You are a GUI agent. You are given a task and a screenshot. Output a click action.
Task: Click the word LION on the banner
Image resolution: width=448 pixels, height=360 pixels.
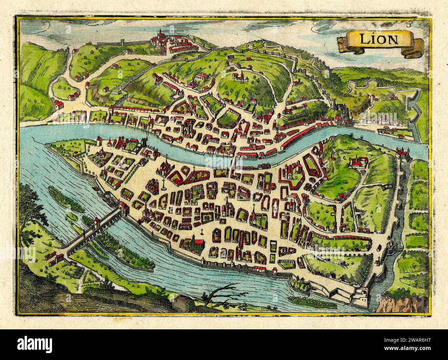[378, 39]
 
